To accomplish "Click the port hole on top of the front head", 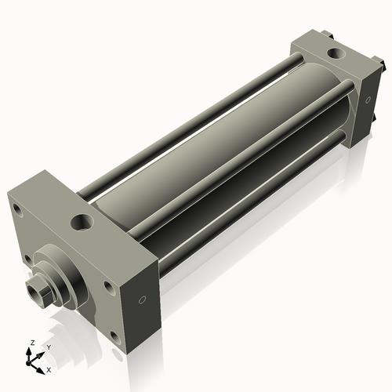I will click(x=82, y=223).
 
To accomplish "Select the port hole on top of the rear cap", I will click(x=336, y=54).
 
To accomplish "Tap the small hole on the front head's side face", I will click(x=142, y=300).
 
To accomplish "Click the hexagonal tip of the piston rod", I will click(x=35, y=293).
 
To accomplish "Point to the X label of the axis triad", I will click(x=49, y=368).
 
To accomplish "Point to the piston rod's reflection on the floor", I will click(x=47, y=321).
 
